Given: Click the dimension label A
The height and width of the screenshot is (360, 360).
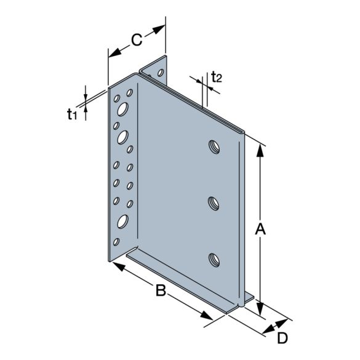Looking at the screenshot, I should (260, 229).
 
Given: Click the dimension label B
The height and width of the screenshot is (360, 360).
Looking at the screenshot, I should (161, 290).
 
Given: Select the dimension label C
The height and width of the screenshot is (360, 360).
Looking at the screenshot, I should (136, 40).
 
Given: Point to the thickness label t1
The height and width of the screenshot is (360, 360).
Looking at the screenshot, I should (72, 113).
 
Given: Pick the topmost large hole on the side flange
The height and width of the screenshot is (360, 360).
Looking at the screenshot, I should (122, 111).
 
